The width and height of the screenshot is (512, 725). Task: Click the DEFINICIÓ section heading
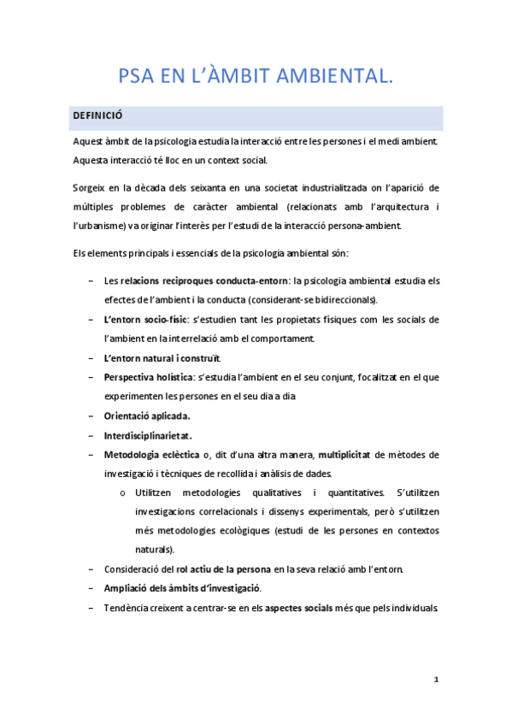[102, 118]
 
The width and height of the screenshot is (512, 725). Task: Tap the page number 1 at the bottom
[435, 681]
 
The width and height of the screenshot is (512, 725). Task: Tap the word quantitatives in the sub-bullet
[337, 492]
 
